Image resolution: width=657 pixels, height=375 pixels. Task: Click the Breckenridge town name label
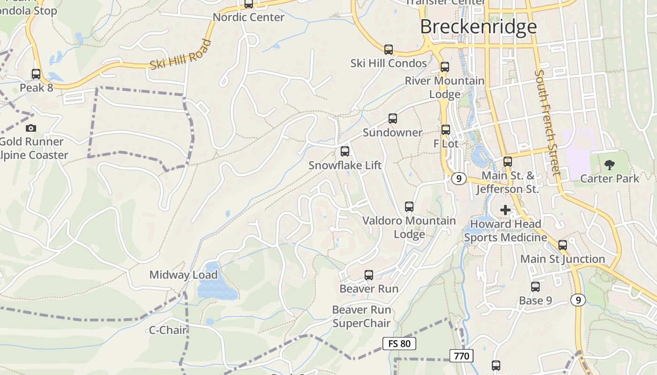478,27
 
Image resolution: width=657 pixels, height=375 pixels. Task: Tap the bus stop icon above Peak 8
36,74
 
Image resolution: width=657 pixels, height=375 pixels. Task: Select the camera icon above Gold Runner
31,128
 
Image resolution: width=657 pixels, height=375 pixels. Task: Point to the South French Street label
548,123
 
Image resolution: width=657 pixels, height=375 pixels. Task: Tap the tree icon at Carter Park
610,165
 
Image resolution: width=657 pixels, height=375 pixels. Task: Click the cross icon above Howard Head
505,210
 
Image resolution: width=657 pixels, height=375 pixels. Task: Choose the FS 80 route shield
399,344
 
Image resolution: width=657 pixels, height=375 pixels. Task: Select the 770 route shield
461,356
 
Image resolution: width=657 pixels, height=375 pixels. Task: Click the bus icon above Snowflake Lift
345,151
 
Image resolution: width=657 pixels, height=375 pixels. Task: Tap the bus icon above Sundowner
393,119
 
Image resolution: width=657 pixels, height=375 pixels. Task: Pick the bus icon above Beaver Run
369,275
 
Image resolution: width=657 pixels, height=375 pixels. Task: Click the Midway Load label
183,275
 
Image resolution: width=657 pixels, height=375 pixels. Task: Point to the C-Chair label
168,330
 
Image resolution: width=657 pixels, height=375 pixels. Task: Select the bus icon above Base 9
535,287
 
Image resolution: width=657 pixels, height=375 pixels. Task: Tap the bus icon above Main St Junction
563,245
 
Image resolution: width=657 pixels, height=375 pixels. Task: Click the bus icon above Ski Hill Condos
389,49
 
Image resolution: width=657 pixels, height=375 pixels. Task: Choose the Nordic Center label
249,17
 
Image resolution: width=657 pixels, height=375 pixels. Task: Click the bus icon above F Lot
446,130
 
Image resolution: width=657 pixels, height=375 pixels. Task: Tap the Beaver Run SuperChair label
361,316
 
